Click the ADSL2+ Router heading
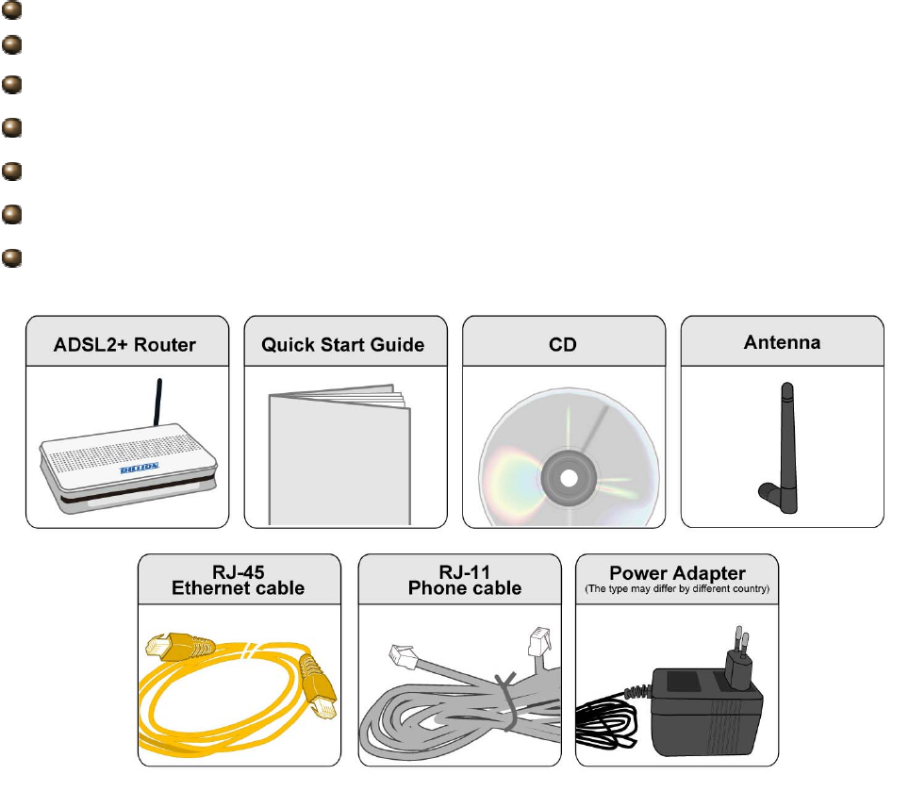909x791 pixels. pos(124,344)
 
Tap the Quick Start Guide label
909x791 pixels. pos(342,344)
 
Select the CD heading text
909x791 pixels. pos(563,344)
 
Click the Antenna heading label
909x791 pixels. pos(782,342)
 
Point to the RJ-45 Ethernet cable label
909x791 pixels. pos(238,581)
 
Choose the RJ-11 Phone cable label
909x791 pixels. pos(464,581)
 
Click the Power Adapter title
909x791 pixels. pos(677,572)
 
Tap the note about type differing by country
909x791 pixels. pos(677,589)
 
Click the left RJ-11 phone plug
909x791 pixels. pos(403,653)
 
